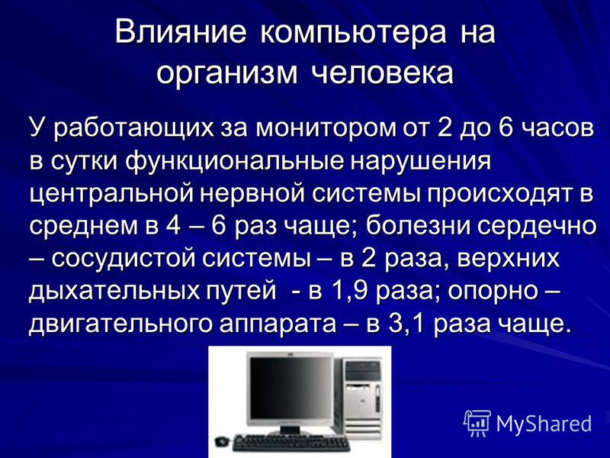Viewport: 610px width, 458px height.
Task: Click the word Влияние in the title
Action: [181, 32]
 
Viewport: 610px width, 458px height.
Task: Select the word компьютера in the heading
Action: [353, 34]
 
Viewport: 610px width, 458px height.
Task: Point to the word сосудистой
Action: [124, 259]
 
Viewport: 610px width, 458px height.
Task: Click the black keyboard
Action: [291, 443]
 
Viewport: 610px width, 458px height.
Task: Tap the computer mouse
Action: [222, 441]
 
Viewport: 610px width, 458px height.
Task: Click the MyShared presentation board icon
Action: [477, 423]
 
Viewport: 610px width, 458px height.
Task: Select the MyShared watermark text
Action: [544, 423]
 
